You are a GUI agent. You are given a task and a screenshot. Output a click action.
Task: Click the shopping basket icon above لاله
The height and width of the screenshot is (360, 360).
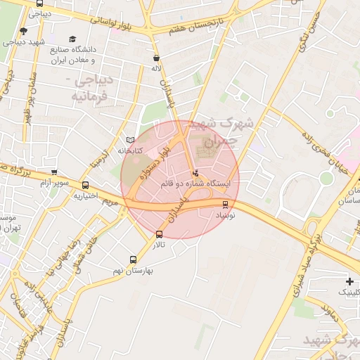click(x=156, y=58)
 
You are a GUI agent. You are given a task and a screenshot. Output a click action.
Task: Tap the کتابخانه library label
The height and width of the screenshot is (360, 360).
click(x=129, y=150)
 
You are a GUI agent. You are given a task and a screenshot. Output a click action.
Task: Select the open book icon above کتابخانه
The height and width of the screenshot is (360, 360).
click(x=129, y=140)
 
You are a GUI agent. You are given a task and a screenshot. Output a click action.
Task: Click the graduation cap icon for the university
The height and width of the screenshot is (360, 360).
click(x=72, y=39)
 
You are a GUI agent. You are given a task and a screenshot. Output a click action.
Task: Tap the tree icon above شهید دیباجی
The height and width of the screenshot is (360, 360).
click(x=23, y=31)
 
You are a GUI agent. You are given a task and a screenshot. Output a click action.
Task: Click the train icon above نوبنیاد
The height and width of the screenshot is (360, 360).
click(x=225, y=205)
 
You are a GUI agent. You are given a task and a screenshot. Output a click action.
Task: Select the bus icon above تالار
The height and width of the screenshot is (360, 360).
click(x=159, y=234)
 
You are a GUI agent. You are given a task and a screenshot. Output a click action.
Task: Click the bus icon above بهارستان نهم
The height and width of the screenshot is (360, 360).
click(x=133, y=259)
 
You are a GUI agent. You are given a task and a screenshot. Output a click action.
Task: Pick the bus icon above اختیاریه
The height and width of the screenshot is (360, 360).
click(x=85, y=185)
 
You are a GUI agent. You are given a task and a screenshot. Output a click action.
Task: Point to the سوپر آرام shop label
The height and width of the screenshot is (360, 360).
click(x=74, y=183)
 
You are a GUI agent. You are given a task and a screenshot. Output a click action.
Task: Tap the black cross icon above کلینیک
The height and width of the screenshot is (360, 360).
click(x=349, y=281)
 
